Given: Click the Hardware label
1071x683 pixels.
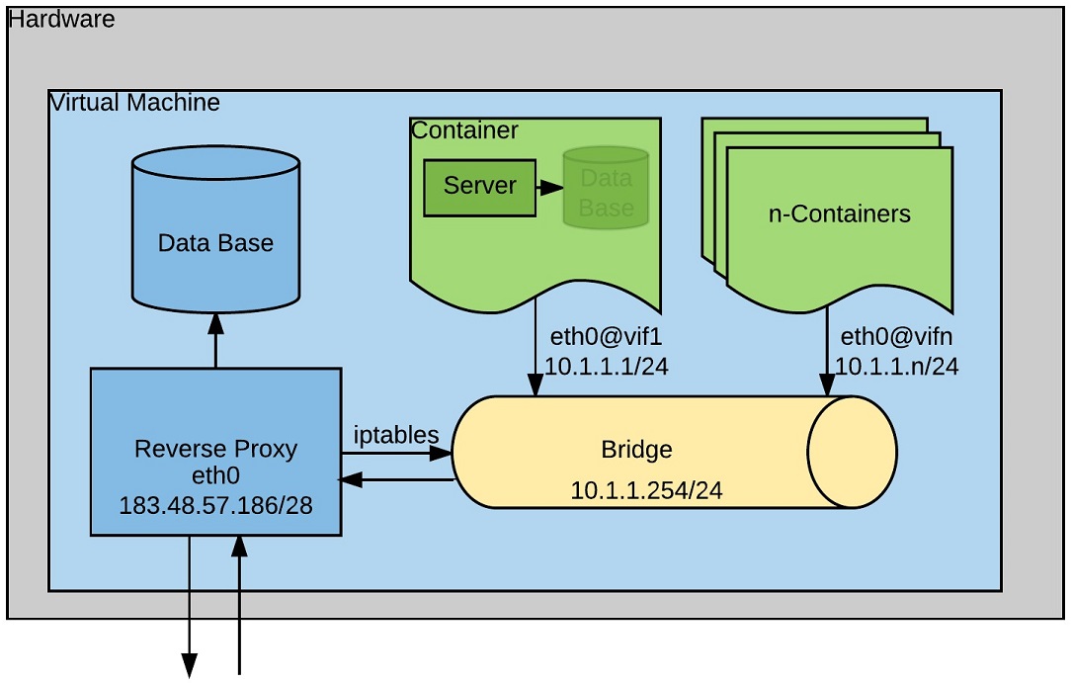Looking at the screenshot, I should click(x=61, y=19).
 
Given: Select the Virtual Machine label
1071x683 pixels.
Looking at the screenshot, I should click(x=134, y=102).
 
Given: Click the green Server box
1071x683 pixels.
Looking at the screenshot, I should click(x=479, y=186).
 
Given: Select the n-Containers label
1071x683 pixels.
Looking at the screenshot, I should click(x=839, y=213).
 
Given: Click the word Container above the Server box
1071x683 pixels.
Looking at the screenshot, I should click(x=464, y=130).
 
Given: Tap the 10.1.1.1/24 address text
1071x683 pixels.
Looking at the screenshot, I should click(x=607, y=367).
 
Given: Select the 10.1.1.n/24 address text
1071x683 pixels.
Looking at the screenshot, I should click(x=897, y=367).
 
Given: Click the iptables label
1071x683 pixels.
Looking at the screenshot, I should click(x=395, y=434).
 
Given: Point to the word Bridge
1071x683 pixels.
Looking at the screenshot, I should click(x=636, y=450).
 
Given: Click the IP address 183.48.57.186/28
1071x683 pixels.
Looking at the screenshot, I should click(x=215, y=506).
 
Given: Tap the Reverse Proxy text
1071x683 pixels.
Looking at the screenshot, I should click(x=215, y=449).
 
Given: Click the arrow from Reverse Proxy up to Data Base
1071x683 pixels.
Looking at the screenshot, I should click(x=215, y=341).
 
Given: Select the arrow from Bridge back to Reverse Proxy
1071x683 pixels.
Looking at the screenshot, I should click(x=395, y=480).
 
